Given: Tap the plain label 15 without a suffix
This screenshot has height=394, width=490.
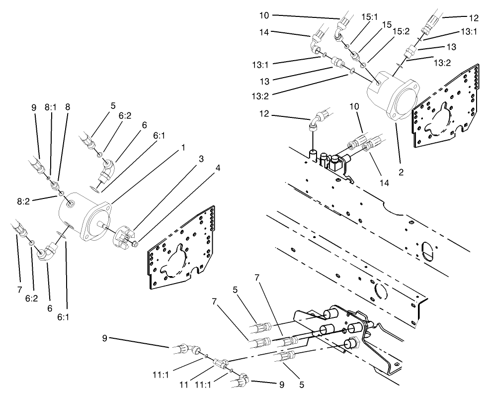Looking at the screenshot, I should (x=387, y=24).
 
